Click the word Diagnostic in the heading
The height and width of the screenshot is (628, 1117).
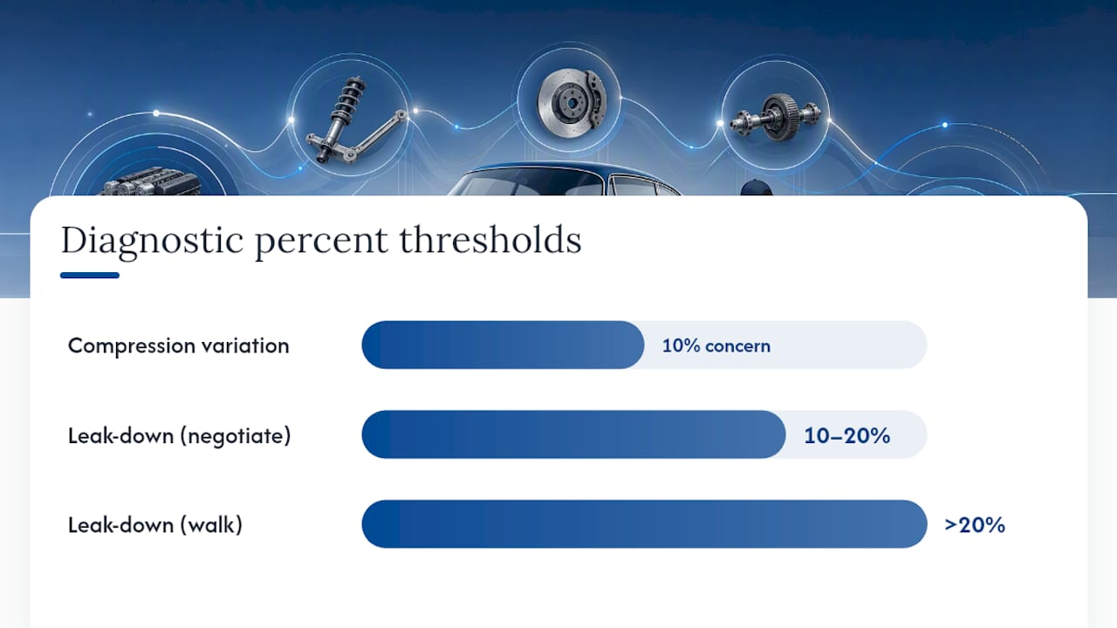[x=152, y=241]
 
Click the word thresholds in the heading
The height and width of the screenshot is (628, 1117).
[x=490, y=240]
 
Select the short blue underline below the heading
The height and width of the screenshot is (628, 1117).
[x=90, y=275]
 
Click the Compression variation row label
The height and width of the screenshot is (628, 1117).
[x=179, y=345]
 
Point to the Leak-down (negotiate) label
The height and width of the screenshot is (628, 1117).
[x=180, y=435]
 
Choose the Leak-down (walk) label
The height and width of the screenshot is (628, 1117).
[x=155, y=525]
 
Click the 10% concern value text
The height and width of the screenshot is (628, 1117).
[x=716, y=345]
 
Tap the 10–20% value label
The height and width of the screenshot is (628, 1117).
[x=847, y=435]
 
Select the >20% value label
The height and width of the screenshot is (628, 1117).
[x=975, y=525]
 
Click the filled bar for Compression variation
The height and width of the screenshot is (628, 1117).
[x=504, y=345]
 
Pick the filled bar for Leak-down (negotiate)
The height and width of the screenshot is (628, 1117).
[x=574, y=434]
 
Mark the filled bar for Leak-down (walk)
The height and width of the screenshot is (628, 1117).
[x=644, y=524]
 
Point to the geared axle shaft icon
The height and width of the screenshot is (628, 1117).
[x=776, y=118]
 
